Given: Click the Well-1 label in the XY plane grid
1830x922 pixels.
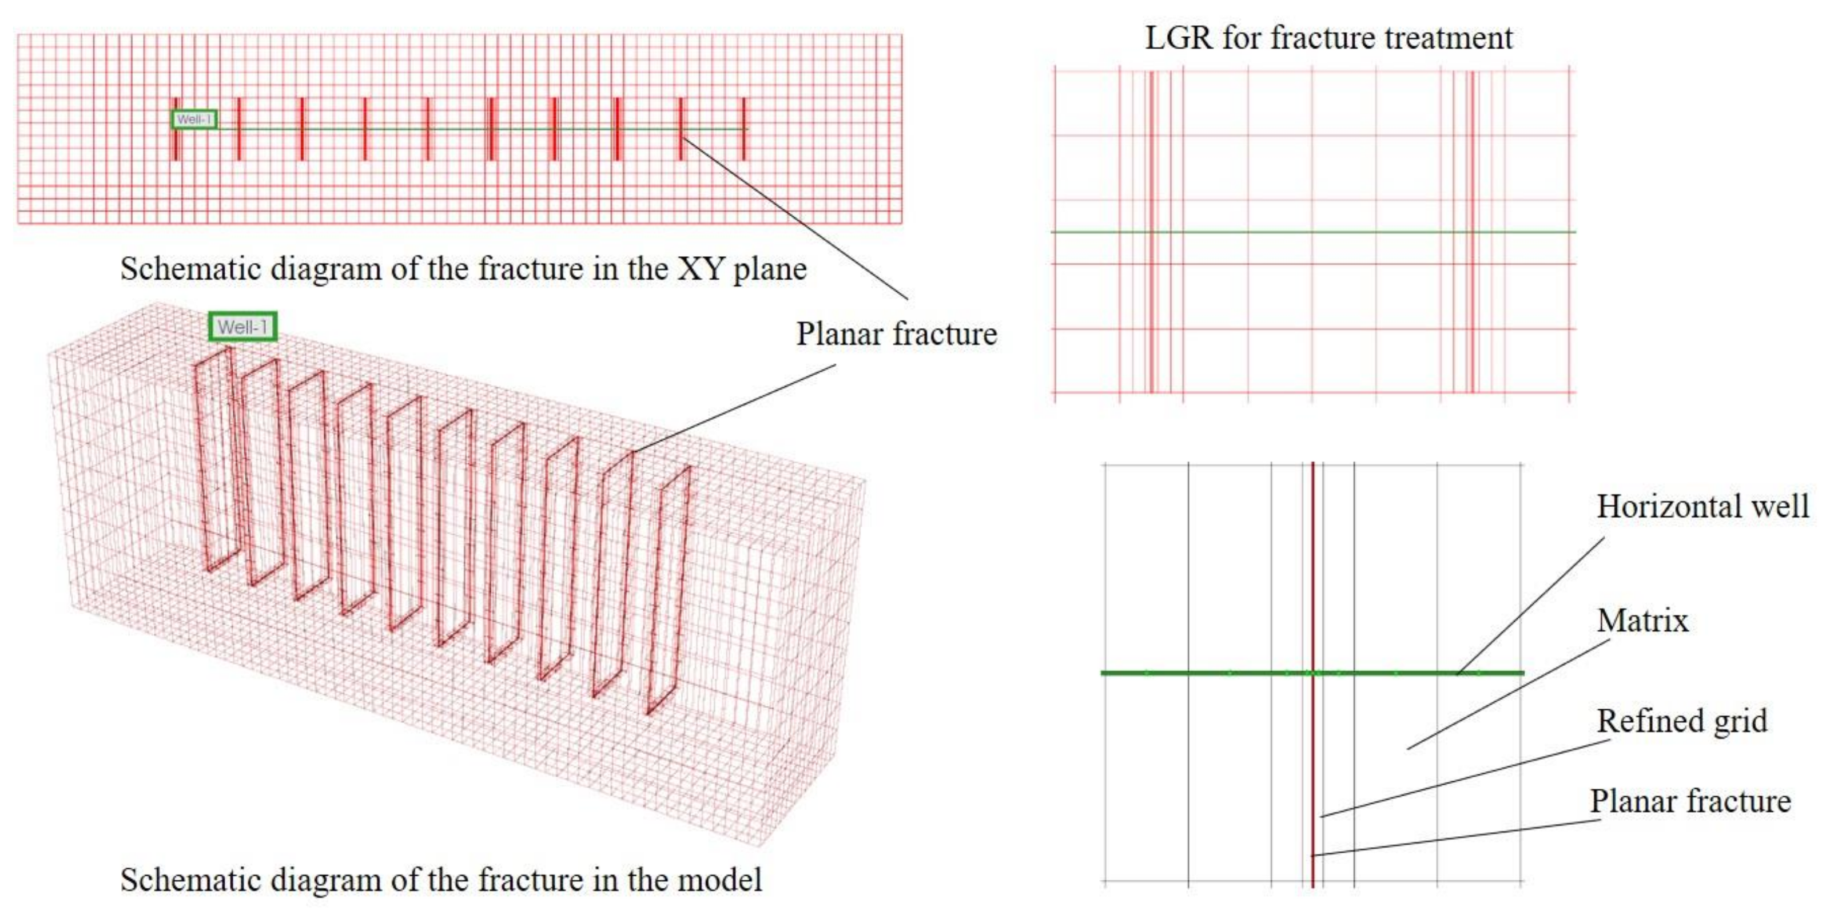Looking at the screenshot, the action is point(194,120).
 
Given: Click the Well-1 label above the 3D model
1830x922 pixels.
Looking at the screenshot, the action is point(242,327).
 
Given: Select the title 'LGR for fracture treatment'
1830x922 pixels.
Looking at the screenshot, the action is point(1328,38).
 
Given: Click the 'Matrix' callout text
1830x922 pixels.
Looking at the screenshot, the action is point(1642,621).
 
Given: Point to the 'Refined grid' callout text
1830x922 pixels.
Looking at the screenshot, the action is point(1681,721).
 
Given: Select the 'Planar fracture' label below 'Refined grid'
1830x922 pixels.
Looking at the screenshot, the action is point(1690,801).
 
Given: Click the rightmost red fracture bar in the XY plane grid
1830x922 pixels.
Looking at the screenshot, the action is point(744,128).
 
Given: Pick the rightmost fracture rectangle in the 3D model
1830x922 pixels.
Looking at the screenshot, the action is point(668,590).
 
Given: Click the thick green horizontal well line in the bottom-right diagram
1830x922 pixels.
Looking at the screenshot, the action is point(1208,673).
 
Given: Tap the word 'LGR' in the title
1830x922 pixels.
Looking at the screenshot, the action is point(1178,38).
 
